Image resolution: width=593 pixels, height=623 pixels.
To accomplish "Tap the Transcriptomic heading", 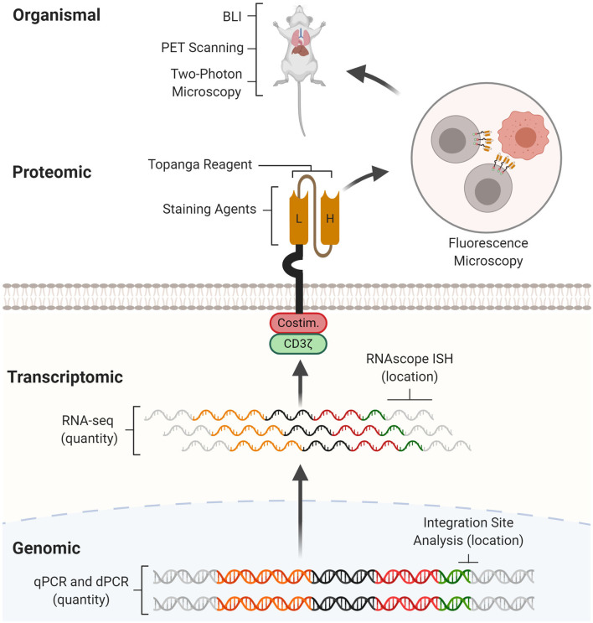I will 66,378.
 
